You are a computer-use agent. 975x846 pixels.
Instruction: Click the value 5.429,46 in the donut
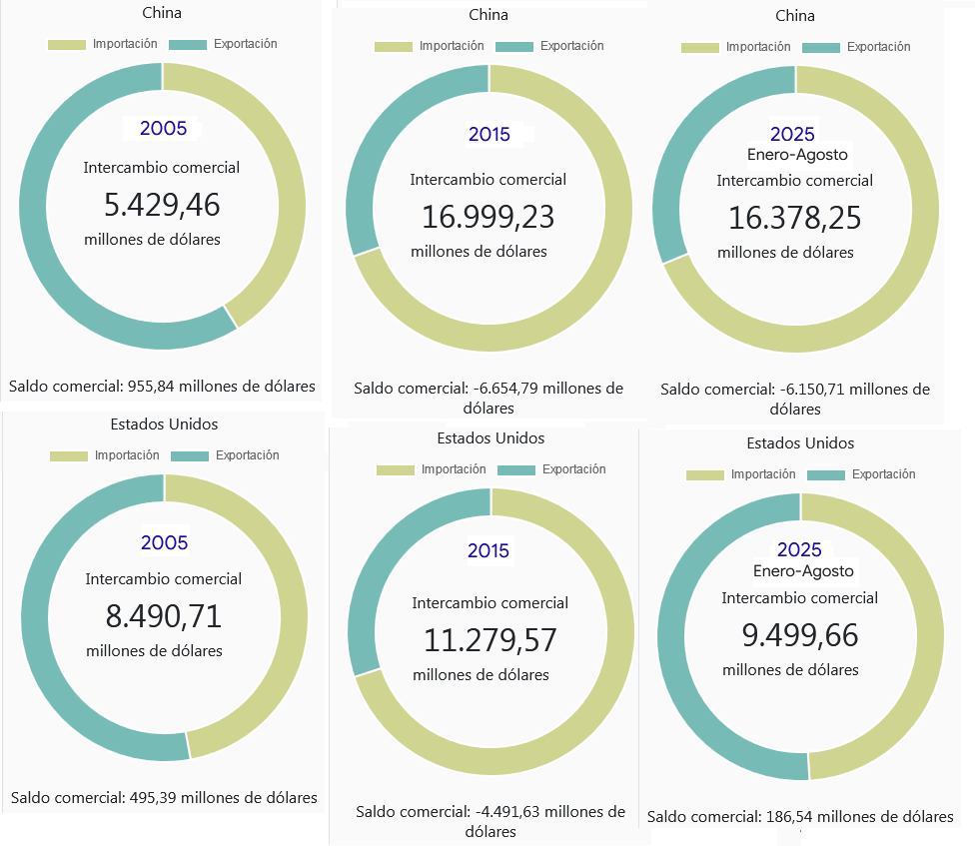coord(162,205)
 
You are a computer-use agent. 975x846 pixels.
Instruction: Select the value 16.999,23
coord(488,217)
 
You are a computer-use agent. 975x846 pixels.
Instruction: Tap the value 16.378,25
coord(795,218)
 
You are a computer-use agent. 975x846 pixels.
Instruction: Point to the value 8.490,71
coord(164,616)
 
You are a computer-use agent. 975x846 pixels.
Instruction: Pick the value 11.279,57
coord(490,639)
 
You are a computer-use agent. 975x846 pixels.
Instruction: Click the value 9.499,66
coord(800,635)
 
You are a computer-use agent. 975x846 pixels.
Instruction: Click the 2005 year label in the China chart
coord(163,128)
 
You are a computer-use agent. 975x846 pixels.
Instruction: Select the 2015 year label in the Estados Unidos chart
coord(488,550)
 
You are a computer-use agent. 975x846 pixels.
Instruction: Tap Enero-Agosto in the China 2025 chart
coord(797,155)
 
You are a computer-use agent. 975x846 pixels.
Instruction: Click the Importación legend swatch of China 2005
coord(67,45)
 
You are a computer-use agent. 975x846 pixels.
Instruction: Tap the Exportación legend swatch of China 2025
coord(821,47)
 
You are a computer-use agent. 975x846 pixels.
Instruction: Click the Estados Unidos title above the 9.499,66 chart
coord(800,442)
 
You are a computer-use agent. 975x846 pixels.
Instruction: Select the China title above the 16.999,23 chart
coord(488,15)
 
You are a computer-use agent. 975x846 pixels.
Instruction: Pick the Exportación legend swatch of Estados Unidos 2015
coord(515,470)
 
